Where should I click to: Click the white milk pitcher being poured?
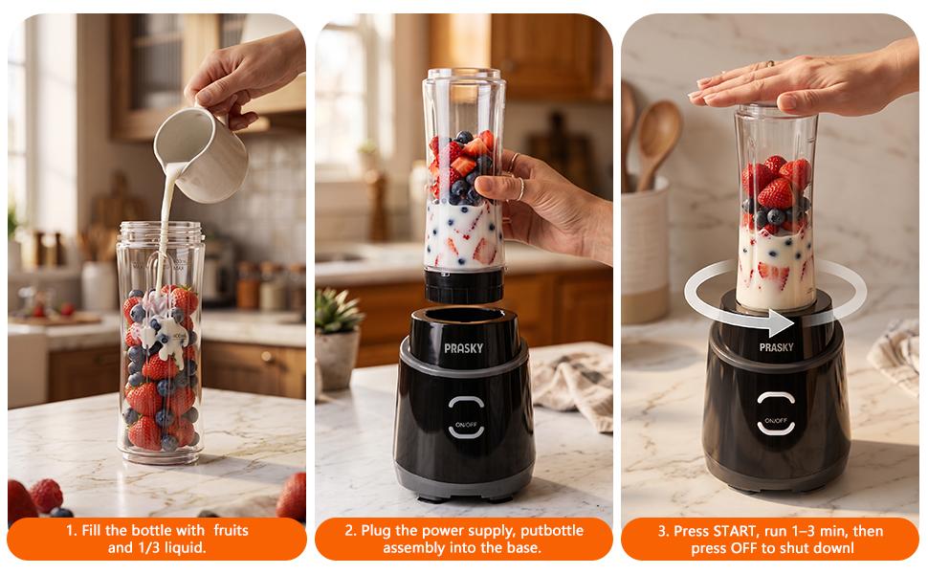200,153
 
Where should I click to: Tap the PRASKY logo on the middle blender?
463,348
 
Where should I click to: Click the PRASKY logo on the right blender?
776,347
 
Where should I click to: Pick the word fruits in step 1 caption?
231,530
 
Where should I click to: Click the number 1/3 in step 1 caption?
147,548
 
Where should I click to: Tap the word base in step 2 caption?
523,548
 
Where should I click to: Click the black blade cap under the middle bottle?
463,285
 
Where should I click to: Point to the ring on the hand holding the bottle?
519,188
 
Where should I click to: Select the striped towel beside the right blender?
895,355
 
